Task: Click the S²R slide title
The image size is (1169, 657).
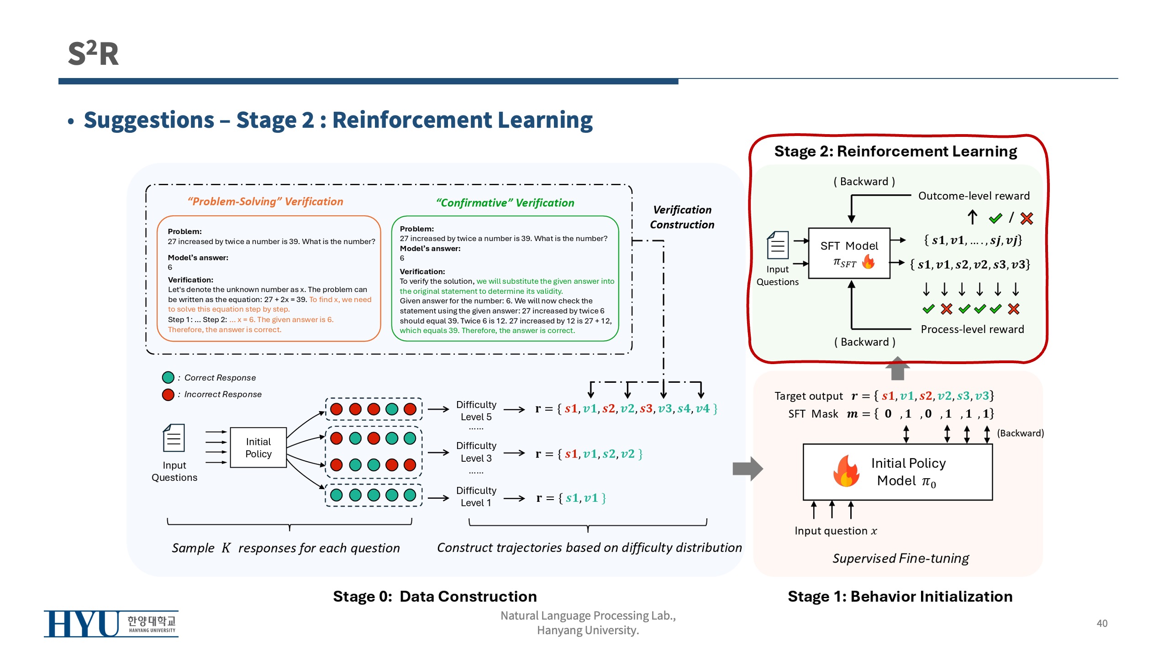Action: coord(93,53)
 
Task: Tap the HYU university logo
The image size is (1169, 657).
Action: coord(111,623)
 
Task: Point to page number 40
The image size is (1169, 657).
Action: coord(1101,623)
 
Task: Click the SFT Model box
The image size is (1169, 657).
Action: coord(849,253)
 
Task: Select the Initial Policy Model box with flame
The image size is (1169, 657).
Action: coord(897,472)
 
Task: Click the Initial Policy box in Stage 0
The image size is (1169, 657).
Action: coord(258,448)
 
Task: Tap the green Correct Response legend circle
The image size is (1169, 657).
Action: coord(168,377)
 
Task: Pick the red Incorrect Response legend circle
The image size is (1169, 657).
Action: coord(168,394)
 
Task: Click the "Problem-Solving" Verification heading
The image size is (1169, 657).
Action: coord(265,202)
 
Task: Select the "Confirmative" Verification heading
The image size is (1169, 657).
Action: coord(505,203)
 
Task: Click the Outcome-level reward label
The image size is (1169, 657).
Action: coord(974,196)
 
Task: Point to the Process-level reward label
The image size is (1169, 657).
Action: coord(972,329)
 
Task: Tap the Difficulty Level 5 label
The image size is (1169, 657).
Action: coord(476,411)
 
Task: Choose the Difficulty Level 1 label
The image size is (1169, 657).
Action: coord(476,496)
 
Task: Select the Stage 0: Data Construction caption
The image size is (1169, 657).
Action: coord(435,596)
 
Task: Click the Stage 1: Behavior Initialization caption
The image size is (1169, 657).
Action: coord(900,596)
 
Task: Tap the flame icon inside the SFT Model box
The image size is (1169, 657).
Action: coord(868,261)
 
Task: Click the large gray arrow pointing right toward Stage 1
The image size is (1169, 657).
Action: coord(747,469)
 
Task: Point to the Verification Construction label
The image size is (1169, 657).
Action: coord(682,217)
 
